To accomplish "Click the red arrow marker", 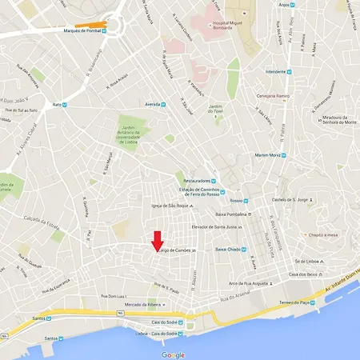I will coord(157,241).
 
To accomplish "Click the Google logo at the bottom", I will coord(173,354).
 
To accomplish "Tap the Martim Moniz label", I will coord(270,154).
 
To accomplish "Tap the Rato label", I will coord(57,105).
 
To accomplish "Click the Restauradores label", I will coord(194,181).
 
